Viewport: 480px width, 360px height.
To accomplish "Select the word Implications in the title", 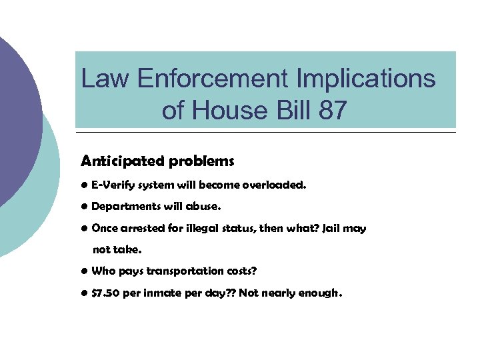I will coord(360,79).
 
